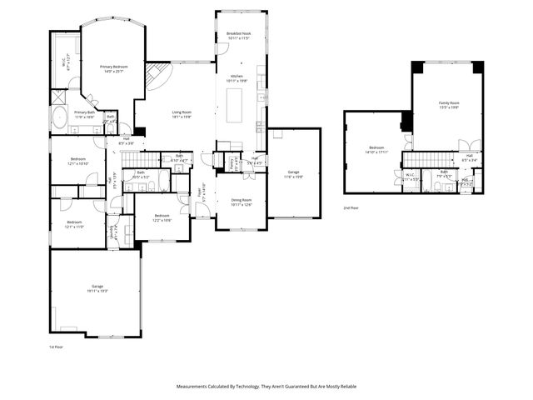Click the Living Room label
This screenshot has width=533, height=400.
tap(182, 114)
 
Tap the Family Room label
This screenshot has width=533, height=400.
tap(450, 105)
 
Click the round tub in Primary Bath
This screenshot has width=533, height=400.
tap(60, 117)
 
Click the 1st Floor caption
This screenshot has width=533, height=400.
tap(57, 347)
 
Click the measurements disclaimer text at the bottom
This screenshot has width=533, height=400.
tap(266, 387)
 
